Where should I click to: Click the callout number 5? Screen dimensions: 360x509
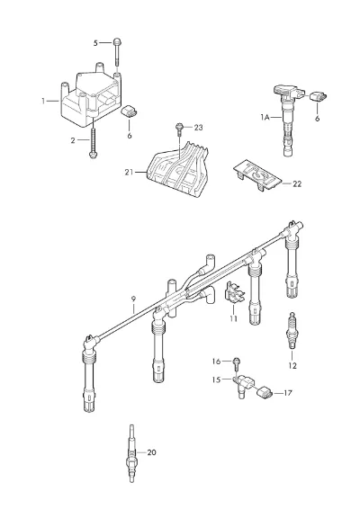pos(95,43)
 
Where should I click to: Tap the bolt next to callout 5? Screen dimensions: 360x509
pos(117,53)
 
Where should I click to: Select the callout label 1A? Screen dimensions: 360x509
pos(265,117)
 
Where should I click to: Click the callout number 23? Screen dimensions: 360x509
pos(198,128)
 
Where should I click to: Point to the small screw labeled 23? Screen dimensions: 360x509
pos(179,129)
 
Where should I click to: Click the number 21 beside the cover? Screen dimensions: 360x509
pos(129,172)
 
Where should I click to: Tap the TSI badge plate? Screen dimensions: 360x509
pos(256,177)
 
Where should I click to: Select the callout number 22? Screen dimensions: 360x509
pos(297,183)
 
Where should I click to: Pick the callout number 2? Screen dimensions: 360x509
pos(73,140)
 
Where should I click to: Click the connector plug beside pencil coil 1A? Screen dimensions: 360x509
pos(319,97)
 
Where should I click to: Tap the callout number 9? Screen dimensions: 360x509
pos(133,299)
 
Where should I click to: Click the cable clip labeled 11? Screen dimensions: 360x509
pos(235,293)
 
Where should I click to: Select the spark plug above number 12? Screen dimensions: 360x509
pos(292,331)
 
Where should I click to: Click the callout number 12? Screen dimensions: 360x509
pos(292,365)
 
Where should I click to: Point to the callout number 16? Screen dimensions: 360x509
pos(216,362)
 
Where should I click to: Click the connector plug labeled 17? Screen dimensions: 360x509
pos(265,392)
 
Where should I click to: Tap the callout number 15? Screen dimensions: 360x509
pos(216,380)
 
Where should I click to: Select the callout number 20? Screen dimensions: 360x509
pos(152,452)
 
